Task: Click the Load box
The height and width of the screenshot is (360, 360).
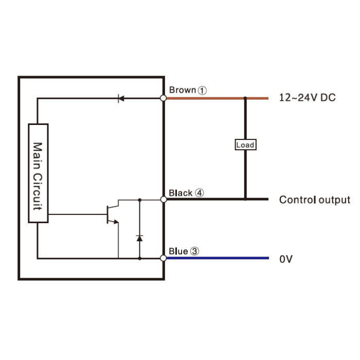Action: tap(245, 145)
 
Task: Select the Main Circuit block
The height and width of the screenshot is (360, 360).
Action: tap(38, 173)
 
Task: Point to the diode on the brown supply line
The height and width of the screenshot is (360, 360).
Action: tap(121, 99)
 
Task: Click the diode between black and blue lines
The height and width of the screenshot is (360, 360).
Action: tap(139, 238)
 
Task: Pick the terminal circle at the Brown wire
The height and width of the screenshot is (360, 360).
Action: tap(163, 98)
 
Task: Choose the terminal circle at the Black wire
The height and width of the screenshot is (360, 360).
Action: tap(164, 200)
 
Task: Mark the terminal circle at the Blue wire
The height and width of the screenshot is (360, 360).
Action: tap(163, 258)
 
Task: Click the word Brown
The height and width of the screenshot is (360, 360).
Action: tap(183, 90)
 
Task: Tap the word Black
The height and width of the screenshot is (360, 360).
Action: tap(181, 193)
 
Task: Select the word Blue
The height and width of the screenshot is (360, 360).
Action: tap(178, 251)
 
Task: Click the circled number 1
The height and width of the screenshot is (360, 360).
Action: tap(202, 91)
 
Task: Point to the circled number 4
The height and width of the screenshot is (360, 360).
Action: tap(200, 193)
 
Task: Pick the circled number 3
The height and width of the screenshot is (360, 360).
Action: tap(195, 251)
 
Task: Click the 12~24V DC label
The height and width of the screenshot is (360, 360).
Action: tap(307, 98)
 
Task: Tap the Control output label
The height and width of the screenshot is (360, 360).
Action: tap(315, 200)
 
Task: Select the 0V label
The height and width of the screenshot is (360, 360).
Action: tap(286, 259)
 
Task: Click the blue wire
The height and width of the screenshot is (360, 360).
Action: tap(218, 258)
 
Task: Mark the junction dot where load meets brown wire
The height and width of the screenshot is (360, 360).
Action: tap(245, 98)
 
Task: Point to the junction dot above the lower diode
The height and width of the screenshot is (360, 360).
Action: tap(139, 200)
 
